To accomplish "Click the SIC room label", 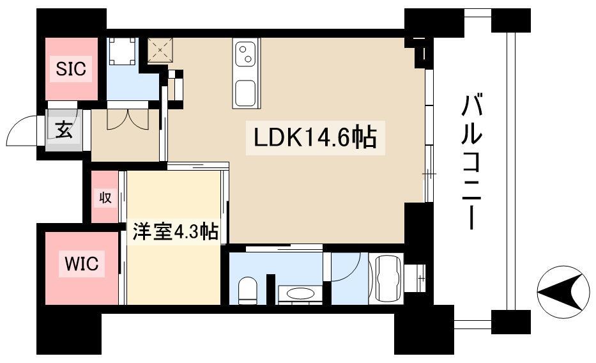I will pyautogui.click(x=71, y=69).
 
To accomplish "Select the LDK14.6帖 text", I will pyautogui.click(x=316, y=139).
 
